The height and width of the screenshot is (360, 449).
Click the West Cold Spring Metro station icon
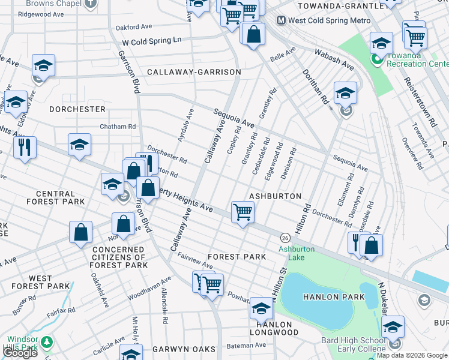point(280,20)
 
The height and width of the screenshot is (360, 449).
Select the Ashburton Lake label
point(291,253)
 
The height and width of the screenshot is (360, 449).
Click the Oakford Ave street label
point(134,27)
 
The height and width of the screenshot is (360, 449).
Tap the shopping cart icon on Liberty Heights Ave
point(243,212)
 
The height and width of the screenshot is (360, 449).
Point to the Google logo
point(20,353)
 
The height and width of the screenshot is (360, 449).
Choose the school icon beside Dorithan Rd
point(345,94)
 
